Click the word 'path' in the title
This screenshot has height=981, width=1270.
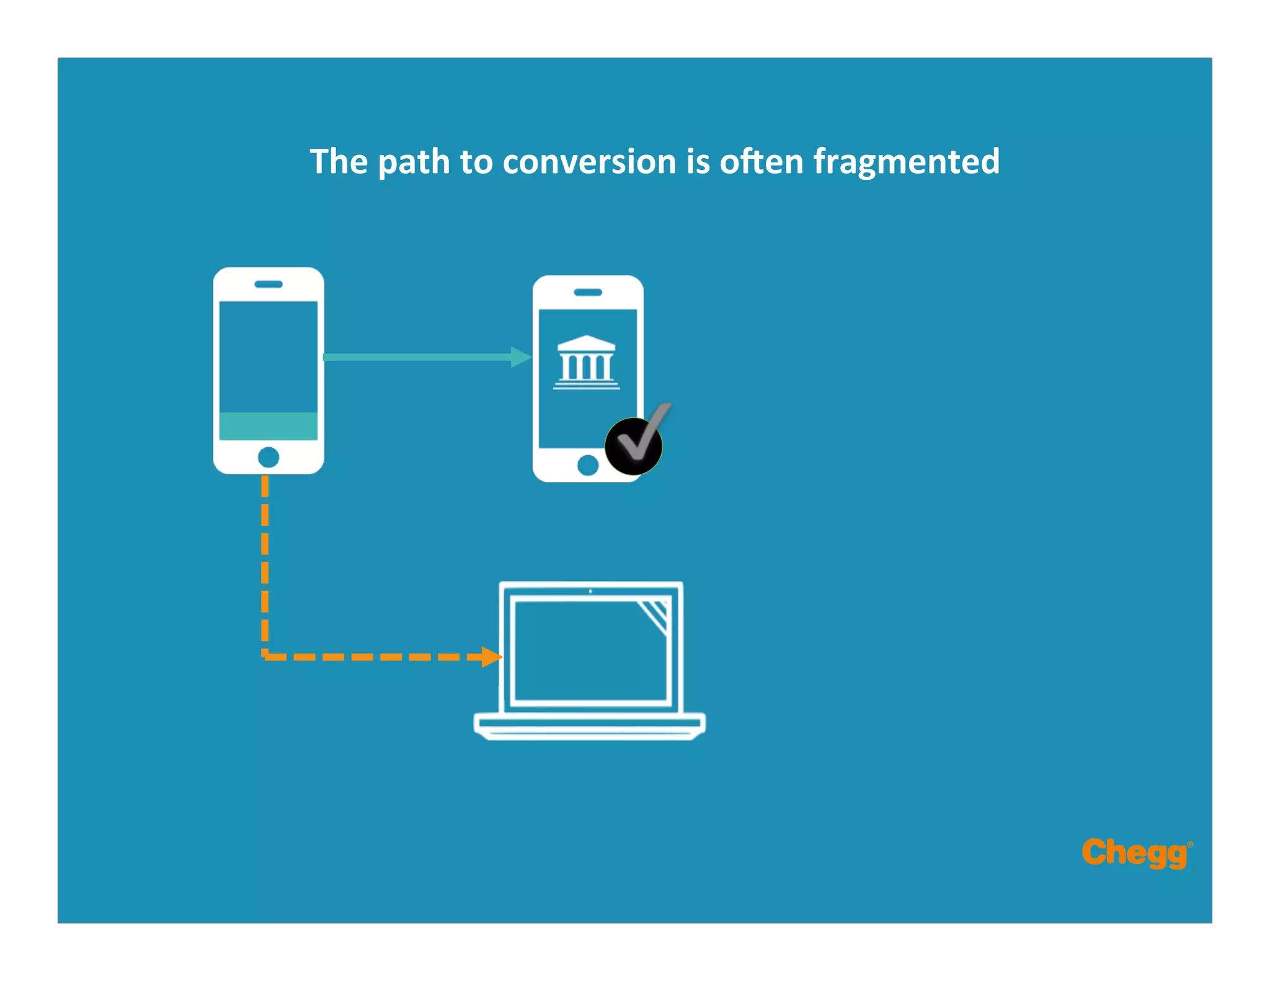[414, 162]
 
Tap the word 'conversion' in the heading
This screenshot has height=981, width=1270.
[589, 162]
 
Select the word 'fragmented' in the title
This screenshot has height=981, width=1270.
[906, 162]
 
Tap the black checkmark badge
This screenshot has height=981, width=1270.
[634, 446]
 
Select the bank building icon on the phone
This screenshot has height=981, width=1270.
[586, 363]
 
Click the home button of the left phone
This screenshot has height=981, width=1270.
[269, 458]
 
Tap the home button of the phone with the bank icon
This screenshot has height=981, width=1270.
[588, 465]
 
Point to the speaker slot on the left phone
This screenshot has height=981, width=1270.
[269, 284]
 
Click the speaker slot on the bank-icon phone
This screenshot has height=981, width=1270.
[588, 292]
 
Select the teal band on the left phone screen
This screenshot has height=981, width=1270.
[269, 426]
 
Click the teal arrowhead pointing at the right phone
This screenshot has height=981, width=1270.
[521, 357]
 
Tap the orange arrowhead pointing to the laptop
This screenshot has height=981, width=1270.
[492, 657]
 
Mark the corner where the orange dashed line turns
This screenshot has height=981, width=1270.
[265, 655]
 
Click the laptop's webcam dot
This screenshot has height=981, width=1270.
[590, 591]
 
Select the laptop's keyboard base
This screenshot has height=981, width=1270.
[590, 726]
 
